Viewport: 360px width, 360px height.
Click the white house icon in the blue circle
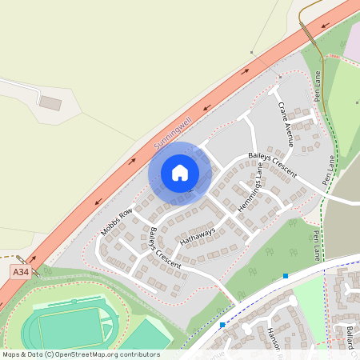pyautogui.click(x=180, y=173)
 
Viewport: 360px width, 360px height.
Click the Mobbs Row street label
pyautogui.click(x=117, y=222)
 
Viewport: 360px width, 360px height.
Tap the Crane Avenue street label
pyautogui.click(x=285, y=126)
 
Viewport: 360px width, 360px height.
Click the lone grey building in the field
pyautogui.click(x=50, y=103)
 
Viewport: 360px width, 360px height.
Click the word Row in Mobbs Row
pyautogui.click(x=125, y=215)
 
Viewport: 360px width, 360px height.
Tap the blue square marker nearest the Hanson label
pyautogui.click(x=222, y=325)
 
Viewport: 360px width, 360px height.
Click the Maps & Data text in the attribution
pyautogui.click(x=22, y=354)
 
